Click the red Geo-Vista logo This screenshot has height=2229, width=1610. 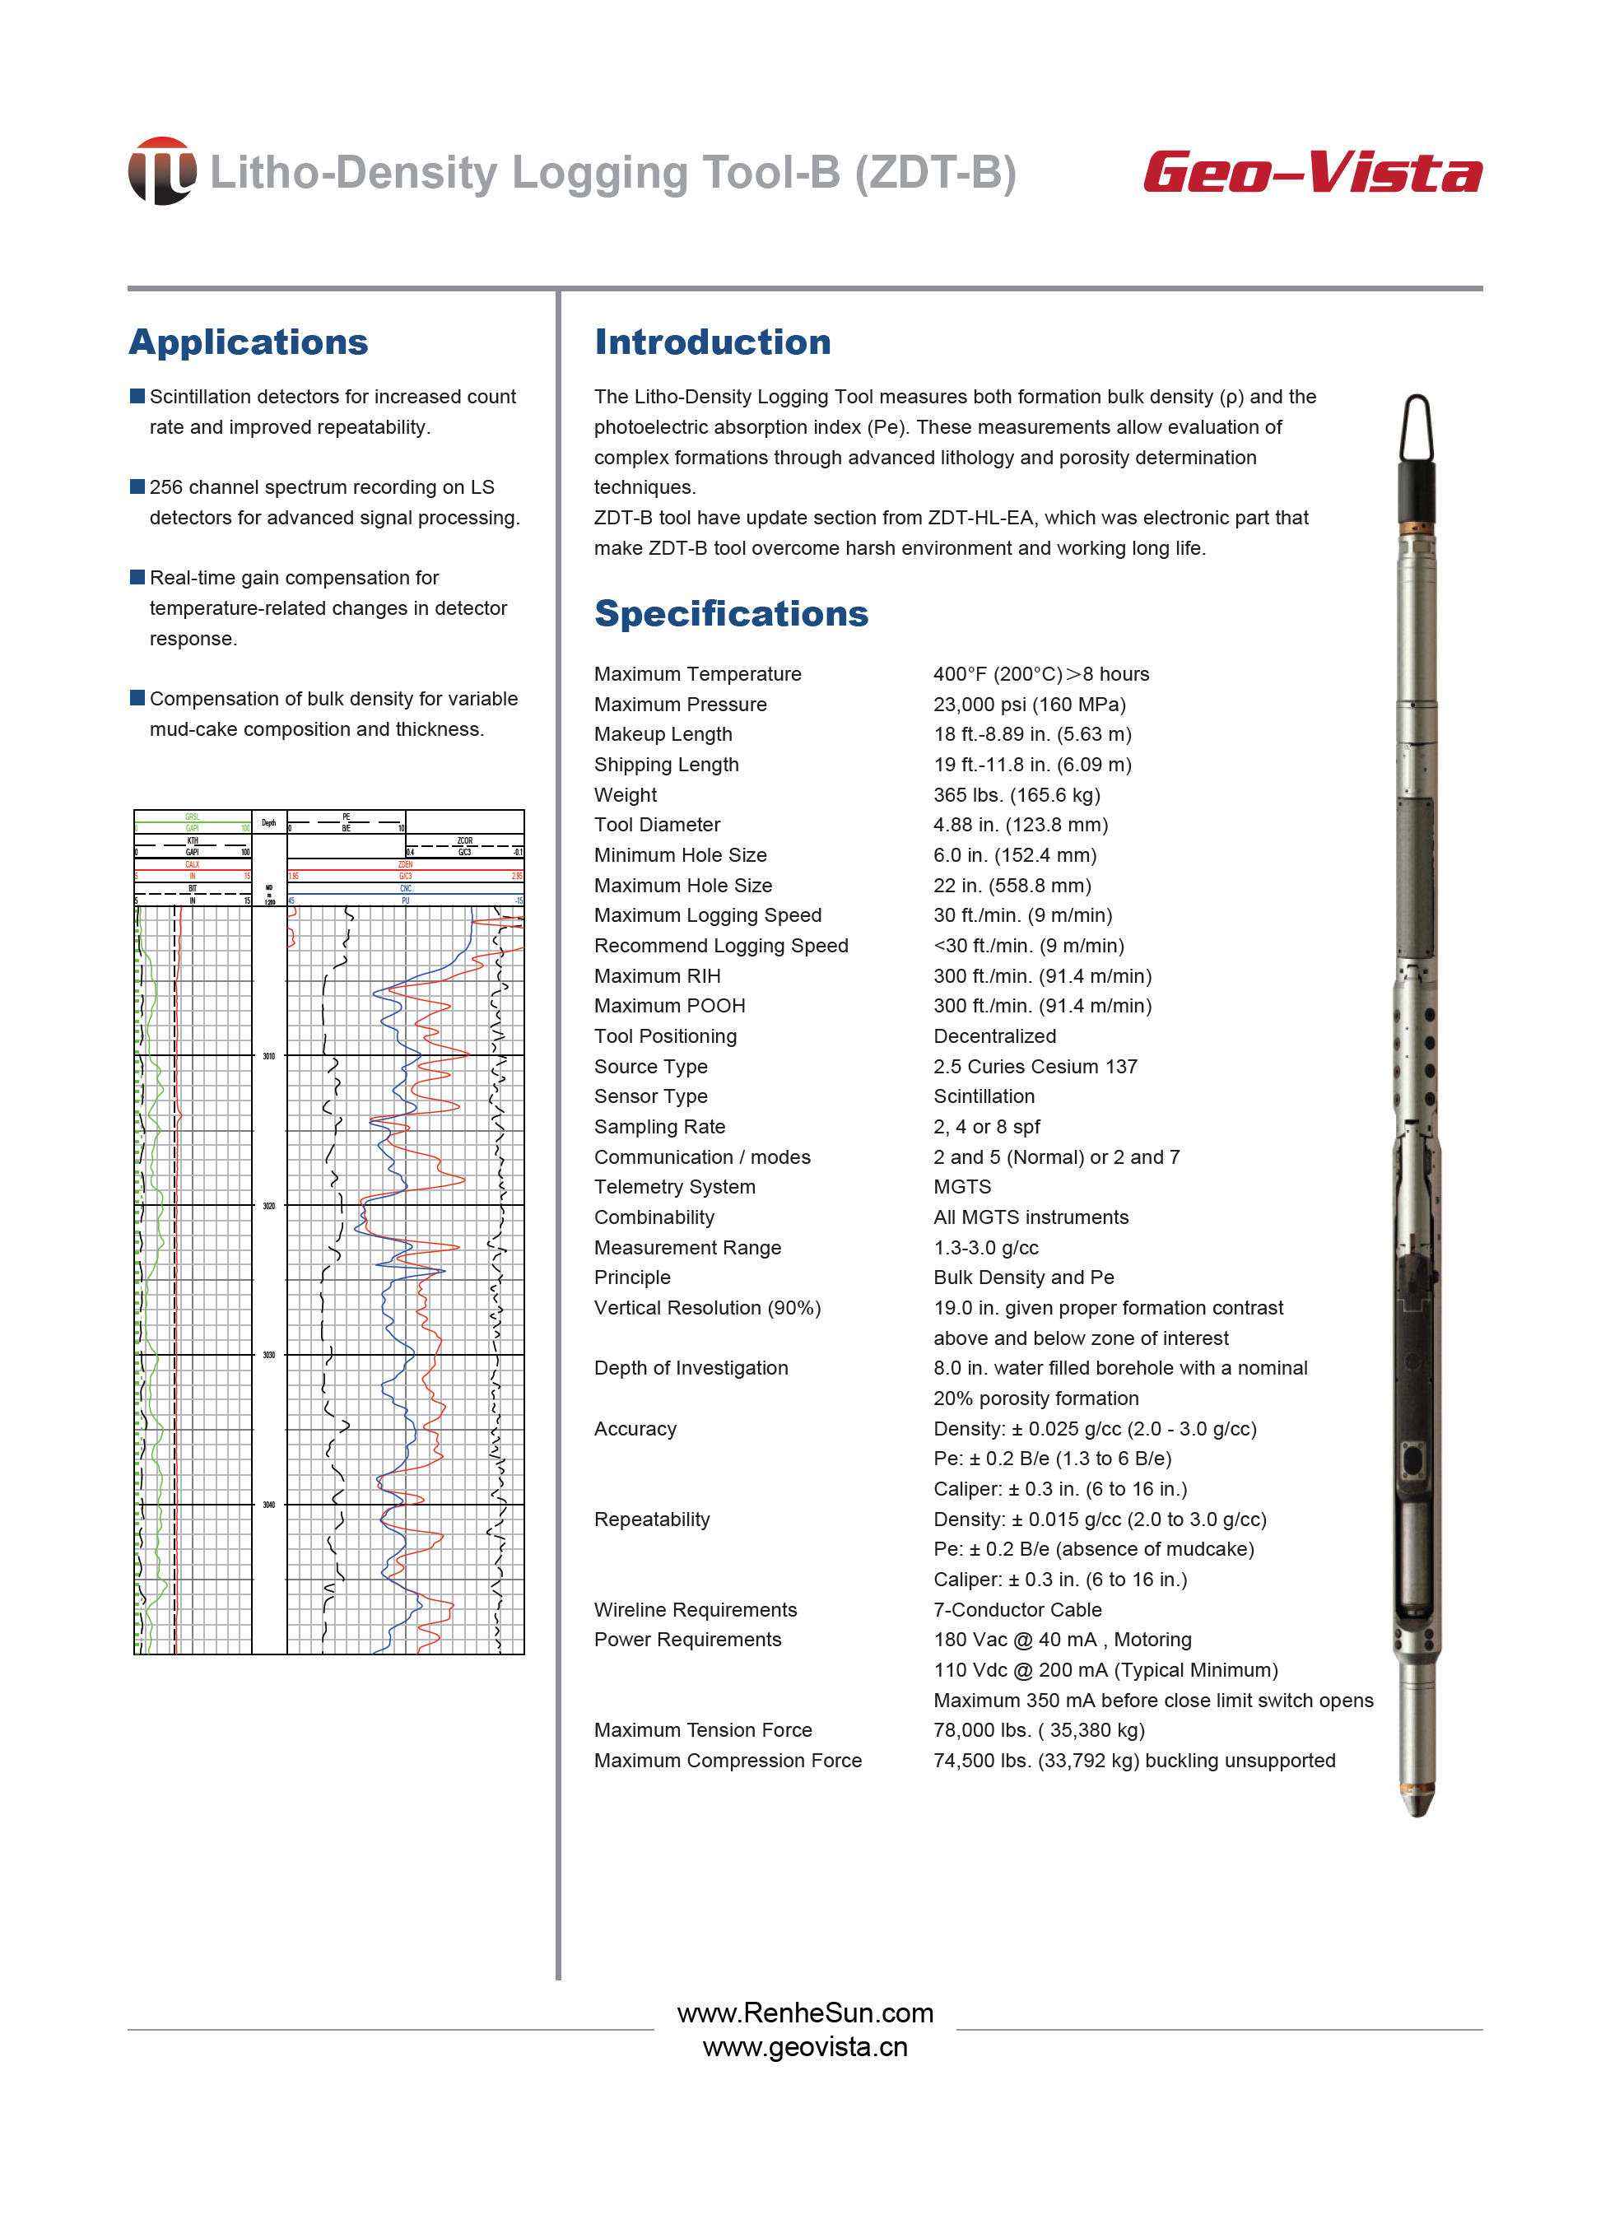1311,173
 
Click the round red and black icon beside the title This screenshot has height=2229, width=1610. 162,171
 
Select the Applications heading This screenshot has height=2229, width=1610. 249,342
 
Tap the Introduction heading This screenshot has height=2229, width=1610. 713,342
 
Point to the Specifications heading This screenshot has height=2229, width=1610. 731,613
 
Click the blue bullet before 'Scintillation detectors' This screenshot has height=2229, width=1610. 137,396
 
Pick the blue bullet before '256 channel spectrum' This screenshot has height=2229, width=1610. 137,486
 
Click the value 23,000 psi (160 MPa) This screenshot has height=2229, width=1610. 1029,705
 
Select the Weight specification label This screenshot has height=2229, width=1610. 625,795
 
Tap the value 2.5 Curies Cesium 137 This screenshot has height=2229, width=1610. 1035,1066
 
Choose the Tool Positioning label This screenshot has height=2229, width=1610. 665,1035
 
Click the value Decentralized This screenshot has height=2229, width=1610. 994,1035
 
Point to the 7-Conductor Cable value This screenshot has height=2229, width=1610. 1017,1610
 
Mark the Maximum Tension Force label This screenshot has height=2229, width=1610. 703,1729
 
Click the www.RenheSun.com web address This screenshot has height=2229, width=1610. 805,2013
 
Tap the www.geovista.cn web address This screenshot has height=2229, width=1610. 805,2047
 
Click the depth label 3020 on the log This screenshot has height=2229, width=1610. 268,1206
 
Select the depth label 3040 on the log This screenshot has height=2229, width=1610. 268,1505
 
